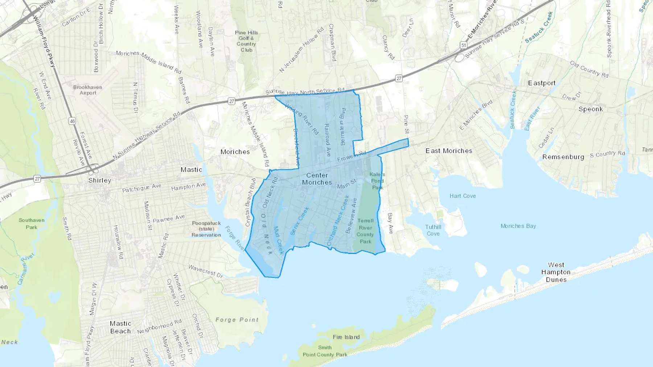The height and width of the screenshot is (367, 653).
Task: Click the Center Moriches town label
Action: point(317,179)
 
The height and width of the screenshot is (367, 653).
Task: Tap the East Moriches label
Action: point(449,151)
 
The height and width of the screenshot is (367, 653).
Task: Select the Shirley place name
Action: point(100,180)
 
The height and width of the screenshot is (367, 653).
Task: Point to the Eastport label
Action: point(542,83)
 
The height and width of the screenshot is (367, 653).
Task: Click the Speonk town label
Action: point(591,109)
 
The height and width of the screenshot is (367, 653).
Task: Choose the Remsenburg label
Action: point(563,157)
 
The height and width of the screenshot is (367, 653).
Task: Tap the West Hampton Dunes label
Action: point(556,272)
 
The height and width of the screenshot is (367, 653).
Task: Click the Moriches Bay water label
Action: point(518,226)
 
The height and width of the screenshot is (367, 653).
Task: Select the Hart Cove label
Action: point(463,196)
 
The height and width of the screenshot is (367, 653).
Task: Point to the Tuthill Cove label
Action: point(433,230)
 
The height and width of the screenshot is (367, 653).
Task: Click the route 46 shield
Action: point(72,121)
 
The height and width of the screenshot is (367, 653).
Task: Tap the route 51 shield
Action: point(463,45)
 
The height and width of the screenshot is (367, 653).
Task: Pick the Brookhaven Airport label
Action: point(88,90)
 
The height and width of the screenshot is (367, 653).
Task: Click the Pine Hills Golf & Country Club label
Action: point(246,41)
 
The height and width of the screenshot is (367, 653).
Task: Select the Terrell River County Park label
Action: point(365,231)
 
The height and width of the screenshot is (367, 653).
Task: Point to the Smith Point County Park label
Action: point(325,351)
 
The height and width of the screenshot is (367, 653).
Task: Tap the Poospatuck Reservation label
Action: point(206,229)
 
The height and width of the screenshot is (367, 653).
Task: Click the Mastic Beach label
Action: point(120,327)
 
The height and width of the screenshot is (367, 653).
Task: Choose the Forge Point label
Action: point(237,320)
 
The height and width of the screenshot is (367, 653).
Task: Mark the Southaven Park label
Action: point(32,224)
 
